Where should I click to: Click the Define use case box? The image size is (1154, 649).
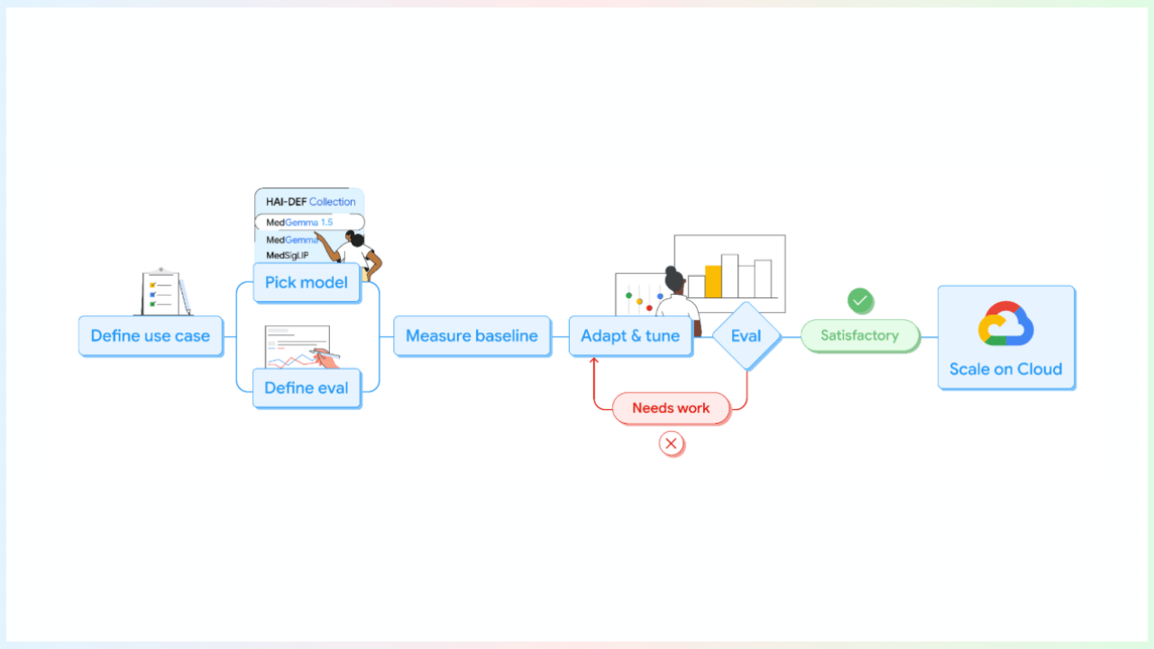point(150,336)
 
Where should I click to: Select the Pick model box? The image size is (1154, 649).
point(307,282)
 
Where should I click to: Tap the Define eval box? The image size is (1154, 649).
point(307,388)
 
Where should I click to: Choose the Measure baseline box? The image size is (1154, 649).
point(472,336)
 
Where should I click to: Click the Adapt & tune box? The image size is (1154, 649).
point(630,336)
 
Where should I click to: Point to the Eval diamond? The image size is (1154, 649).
point(746,336)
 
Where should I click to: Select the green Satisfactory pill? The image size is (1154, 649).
point(859,335)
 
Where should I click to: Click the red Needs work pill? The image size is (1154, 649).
point(671,408)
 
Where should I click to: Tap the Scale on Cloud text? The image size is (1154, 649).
point(1005,369)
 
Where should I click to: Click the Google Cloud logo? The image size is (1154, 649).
point(1005,324)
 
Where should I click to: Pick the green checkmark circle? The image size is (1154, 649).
point(860,300)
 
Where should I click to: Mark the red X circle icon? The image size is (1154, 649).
point(671,443)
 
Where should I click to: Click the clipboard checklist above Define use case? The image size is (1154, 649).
point(162,292)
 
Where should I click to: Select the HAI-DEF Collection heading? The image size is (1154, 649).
point(310,202)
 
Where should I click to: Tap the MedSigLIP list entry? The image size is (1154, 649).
point(288,255)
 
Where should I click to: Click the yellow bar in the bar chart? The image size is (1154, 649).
point(713,281)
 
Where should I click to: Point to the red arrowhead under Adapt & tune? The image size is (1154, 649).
point(593,361)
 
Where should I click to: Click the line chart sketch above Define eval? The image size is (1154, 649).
point(298,348)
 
